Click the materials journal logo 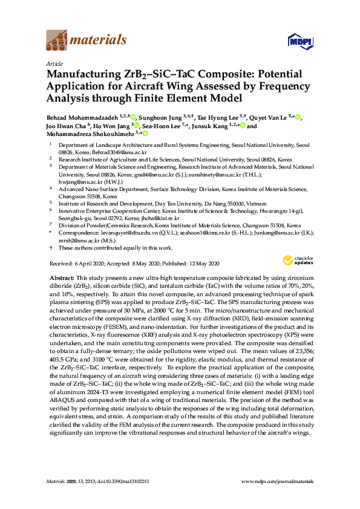click(87, 41)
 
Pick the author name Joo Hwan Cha click(67, 125)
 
